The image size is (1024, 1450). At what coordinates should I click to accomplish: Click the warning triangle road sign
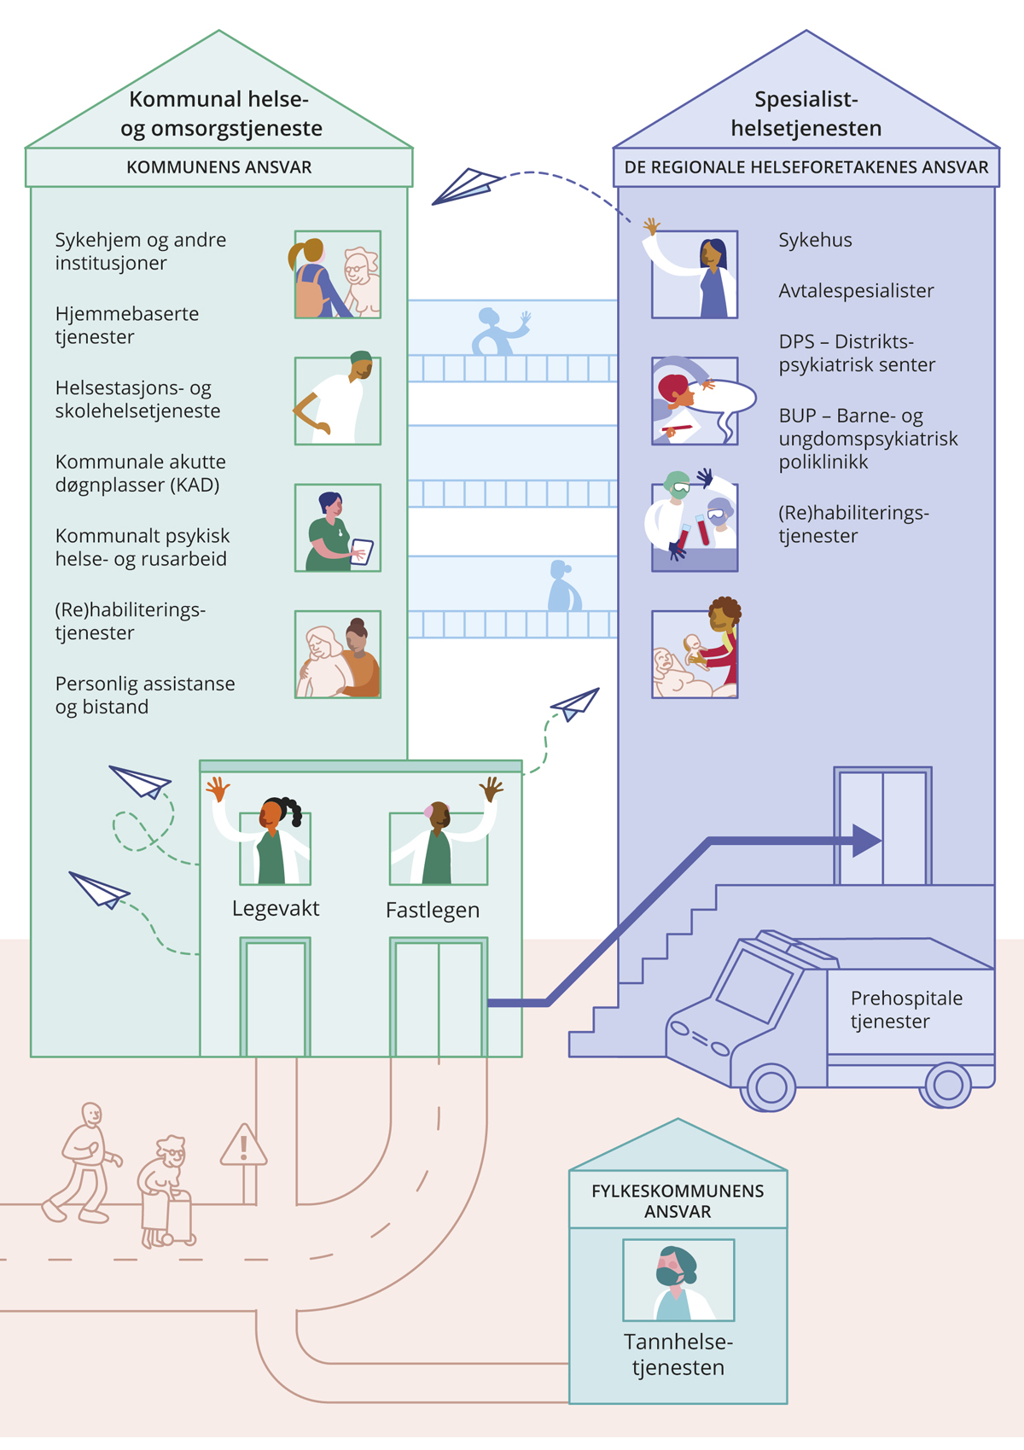point(244,1146)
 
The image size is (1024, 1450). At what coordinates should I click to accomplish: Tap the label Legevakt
point(276,908)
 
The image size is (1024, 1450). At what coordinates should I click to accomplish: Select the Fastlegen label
point(433,910)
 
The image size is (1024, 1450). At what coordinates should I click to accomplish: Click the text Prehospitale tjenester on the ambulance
point(906,1010)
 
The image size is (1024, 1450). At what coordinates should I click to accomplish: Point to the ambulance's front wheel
point(771,1086)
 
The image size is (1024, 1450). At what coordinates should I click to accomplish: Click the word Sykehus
point(815,240)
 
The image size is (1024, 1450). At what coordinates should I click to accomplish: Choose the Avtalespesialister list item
point(856,291)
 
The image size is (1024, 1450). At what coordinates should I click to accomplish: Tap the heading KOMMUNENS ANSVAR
point(219,167)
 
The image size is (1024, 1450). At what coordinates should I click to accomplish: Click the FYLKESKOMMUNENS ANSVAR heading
point(678,1201)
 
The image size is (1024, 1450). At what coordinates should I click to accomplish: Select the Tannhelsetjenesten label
point(678,1354)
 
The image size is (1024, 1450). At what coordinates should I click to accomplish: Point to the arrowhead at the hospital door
point(866,841)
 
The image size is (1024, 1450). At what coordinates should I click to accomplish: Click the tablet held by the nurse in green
point(362,551)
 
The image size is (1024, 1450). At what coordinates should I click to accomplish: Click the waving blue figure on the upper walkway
point(499,331)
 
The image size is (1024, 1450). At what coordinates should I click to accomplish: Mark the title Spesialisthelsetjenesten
point(806,114)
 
